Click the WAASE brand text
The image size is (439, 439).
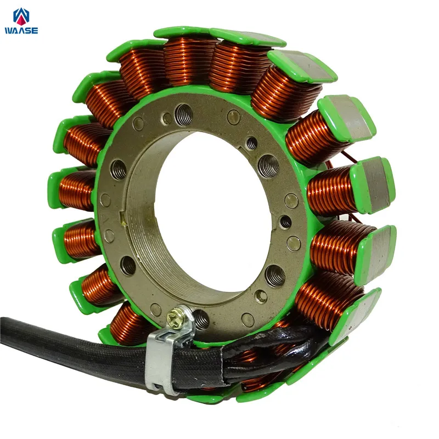pyautogui.click(x=21, y=31)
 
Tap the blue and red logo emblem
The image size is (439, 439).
pyautogui.click(x=21, y=16)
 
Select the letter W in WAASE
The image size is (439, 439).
pyautogui.click(x=9, y=31)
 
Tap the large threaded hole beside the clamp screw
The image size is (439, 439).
pyautogui.click(x=201, y=320)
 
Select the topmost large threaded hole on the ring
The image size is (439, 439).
pyautogui.click(x=184, y=114)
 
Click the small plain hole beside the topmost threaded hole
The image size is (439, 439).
pyautogui.click(x=167, y=119)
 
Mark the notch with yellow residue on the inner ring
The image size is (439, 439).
pyautogui.click(x=122, y=219)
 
